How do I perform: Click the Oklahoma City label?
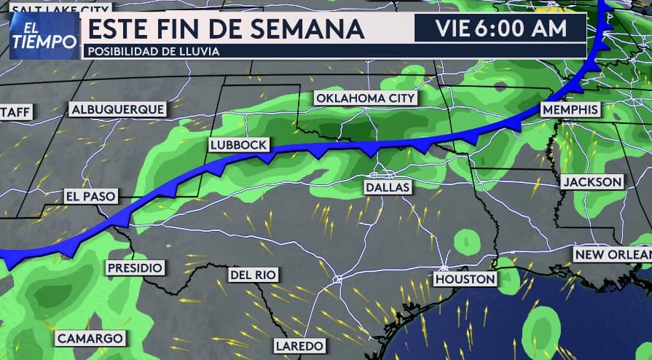pyautogui.click(x=365, y=98)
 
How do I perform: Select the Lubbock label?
pyautogui.click(x=238, y=145)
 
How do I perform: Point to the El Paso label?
pyautogui.click(x=90, y=196)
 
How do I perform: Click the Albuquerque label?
pyautogui.click(x=117, y=109)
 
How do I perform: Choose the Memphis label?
pyautogui.click(x=570, y=109)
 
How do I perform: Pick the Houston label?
pyautogui.click(x=465, y=279)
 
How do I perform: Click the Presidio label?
pyautogui.click(x=134, y=267)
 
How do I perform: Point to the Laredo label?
pyautogui.click(x=298, y=345)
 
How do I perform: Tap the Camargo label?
pyautogui.click(x=90, y=338)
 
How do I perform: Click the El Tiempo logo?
pyautogui.click(x=44, y=36)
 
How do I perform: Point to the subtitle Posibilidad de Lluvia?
pyautogui.click(x=152, y=51)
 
